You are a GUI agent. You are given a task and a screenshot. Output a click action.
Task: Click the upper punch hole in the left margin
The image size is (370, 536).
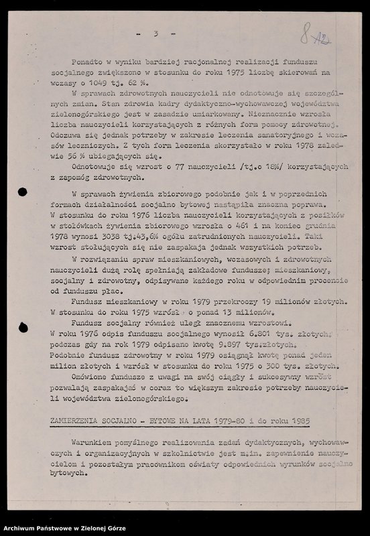tap(21, 192)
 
